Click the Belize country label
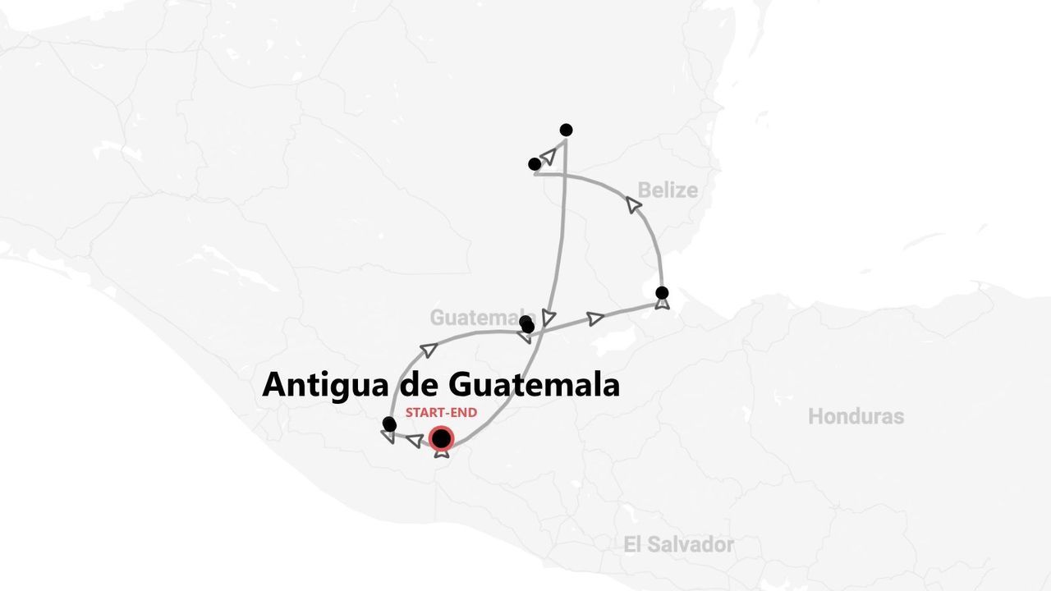[x=668, y=190]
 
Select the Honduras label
[x=856, y=416]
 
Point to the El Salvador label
[x=678, y=544]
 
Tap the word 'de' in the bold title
[x=420, y=384]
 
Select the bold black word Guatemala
[x=535, y=384]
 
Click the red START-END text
[x=441, y=413]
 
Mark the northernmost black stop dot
[x=566, y=130]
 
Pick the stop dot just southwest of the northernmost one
[x=535, y=164]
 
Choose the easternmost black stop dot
[x=662, y=293]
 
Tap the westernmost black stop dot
[x=389, y=424]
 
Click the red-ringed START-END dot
[x=442, y=438]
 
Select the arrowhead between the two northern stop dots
[x=548, y=154]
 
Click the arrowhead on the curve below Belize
[x=634, y=204]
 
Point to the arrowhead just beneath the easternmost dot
[x=662, y=304]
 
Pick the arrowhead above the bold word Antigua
[x=428, y=350]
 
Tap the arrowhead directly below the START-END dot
[x=442, y=451]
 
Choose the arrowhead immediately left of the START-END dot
[x=415, y=441]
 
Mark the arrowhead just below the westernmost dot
[x=388, y=436]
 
